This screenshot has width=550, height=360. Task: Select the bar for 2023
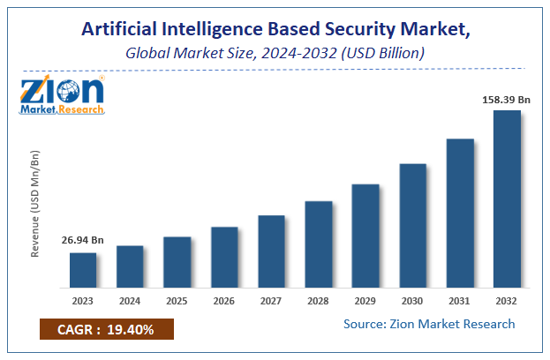[83, 270]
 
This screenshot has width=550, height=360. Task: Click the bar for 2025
[177, 262]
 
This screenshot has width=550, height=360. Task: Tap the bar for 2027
[271, 251]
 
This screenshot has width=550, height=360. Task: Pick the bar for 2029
[365, 236]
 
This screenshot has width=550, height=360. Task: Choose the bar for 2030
[412, 225]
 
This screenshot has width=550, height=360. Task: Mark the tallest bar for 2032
[507, 199]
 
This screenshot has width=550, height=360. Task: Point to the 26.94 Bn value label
[82, 240]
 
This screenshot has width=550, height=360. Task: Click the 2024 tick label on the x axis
[130, 300]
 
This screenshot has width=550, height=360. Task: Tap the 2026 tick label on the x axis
[224, 300]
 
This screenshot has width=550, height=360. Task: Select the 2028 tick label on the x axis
[319, 300]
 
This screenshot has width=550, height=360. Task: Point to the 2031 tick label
[460, 300]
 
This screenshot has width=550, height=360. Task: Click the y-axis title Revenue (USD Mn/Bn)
[36, 205]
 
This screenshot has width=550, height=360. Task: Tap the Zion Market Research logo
[61, 93]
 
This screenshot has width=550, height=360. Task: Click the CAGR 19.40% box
[107, 330]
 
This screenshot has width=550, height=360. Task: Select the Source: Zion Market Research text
[429, 324]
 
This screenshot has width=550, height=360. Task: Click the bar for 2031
[460, 213]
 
